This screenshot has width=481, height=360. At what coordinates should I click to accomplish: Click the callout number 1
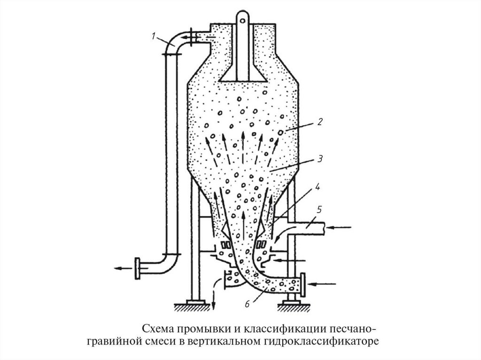[x=154, y=34]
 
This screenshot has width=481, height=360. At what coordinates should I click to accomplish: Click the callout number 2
[x=319, y=122]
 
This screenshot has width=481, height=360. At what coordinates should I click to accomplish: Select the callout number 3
[x=319, y=159]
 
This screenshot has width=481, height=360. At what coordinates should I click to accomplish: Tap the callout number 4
[x=318, y=187]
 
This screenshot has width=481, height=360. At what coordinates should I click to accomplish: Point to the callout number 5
[x=319, y=210]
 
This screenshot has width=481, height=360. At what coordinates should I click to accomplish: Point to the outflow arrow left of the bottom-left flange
[x=123, y=268]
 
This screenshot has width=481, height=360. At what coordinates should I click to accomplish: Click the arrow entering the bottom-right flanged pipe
[x=323, y=283]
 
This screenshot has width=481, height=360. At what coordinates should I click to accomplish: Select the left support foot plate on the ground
[x=194, y=302]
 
